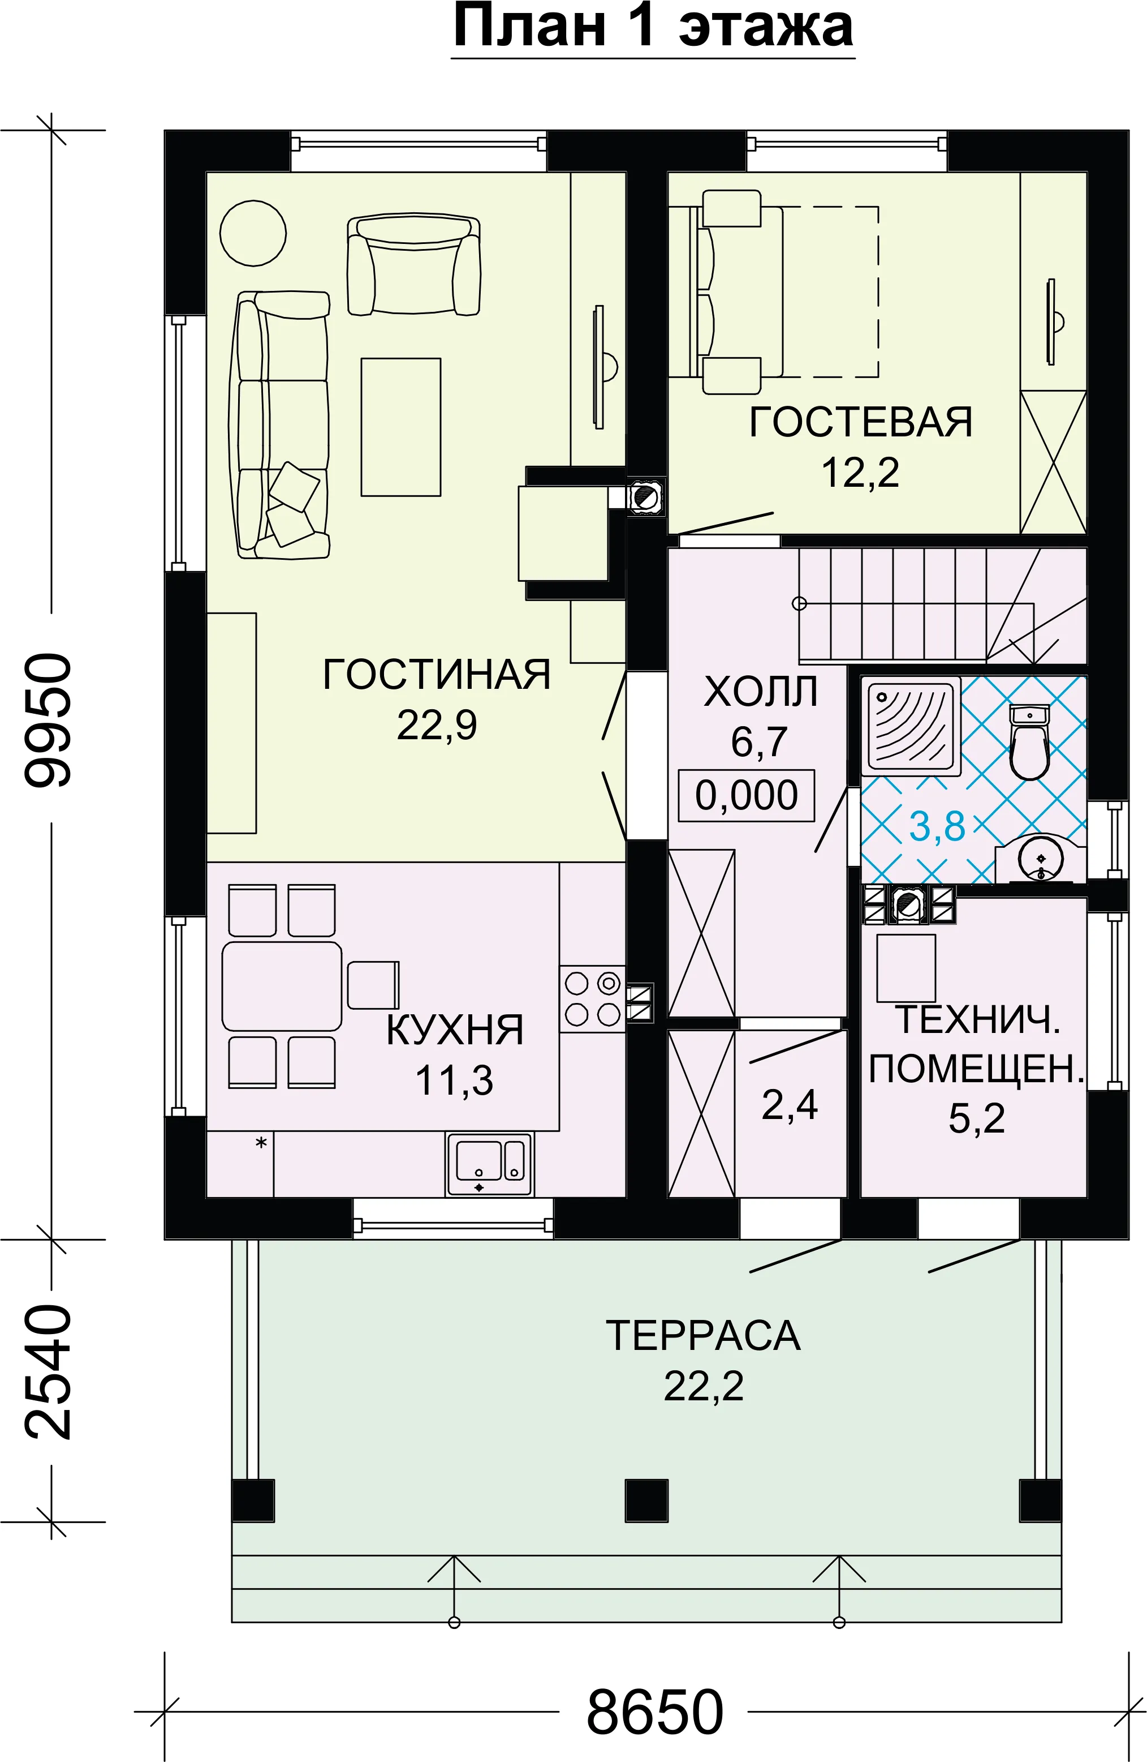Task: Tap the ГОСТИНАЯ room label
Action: tap(437, 675)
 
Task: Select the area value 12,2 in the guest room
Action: tap(860, 472)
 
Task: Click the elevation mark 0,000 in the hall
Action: tap(747, 796)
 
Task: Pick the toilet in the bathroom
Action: tap(1029, 742)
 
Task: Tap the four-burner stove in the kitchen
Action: tap(593, 998)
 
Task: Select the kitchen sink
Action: tap(489, 1164)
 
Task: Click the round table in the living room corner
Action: tap(253, 233)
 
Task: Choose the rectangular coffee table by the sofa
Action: tap(401, 427)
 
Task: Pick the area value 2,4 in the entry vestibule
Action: tap(790, 1105)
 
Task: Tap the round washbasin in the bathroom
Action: tap(1041, 859)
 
